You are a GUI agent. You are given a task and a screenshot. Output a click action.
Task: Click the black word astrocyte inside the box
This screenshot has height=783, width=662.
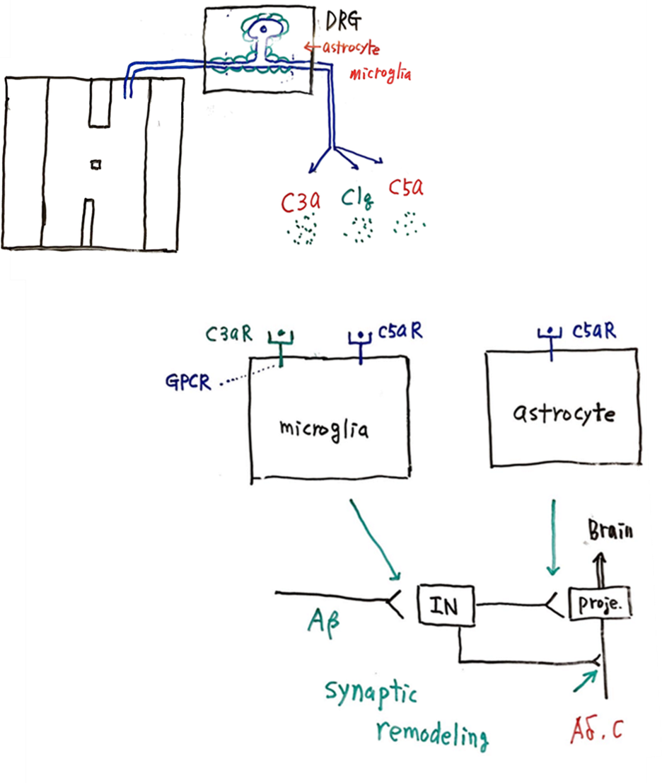click(563, 413)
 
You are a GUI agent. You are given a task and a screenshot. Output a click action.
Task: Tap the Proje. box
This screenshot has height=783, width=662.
click(599, 604)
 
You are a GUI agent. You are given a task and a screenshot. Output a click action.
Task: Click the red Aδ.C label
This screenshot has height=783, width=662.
click(598, 727)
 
